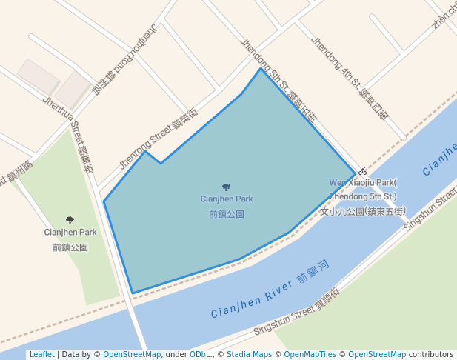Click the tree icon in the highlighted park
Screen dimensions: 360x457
click(226, 187)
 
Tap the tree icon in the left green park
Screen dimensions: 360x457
click(70, 220)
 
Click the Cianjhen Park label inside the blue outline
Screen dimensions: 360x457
click(226, 199)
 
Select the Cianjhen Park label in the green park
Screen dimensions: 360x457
click(70, 232)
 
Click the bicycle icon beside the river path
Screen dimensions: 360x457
click(362, 172)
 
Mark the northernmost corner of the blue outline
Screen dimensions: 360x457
click(260, 69)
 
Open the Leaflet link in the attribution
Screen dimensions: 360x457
click(41, 355)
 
